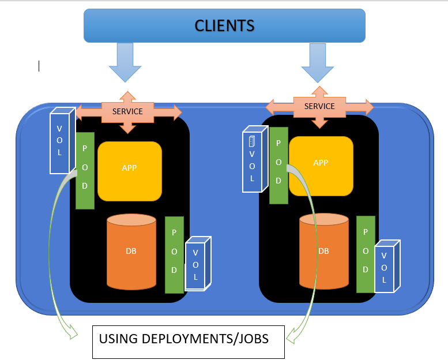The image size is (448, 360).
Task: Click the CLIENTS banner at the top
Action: tap(224, 25)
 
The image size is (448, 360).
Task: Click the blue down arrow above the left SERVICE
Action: tap(125, 62)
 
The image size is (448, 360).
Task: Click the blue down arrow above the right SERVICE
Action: tap(317, 62)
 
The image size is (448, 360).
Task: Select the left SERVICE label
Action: tap(128, 111)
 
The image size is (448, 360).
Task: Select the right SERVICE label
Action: tap(319, 106)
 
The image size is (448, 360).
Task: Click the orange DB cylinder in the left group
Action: tap(131, 252)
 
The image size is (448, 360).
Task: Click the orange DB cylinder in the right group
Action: tap(323, 252)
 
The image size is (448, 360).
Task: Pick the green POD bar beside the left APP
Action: tap(85, 170)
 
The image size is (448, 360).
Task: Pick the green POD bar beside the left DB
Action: tap(174, 254)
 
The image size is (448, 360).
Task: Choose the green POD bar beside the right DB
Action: tap(366, 254)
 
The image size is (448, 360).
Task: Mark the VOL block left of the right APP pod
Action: tap(253, 160)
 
